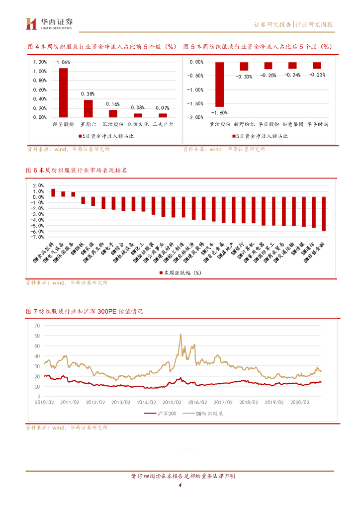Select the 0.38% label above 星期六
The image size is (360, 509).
coord(88,94)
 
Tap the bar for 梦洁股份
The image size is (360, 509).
coord(219,84)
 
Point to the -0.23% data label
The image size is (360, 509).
coord(317,75)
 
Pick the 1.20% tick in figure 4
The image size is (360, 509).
coord(40,62)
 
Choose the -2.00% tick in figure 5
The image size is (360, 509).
coord(197,117)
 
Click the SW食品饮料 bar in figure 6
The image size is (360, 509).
coord(53,192)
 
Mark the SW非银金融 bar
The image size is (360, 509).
coord(324,214)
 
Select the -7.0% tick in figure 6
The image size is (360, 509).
coord(38,237)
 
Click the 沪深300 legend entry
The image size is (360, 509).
coord(164,413)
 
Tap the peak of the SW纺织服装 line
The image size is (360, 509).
coord(180,335)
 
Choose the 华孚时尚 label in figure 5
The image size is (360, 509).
coord(317,124)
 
